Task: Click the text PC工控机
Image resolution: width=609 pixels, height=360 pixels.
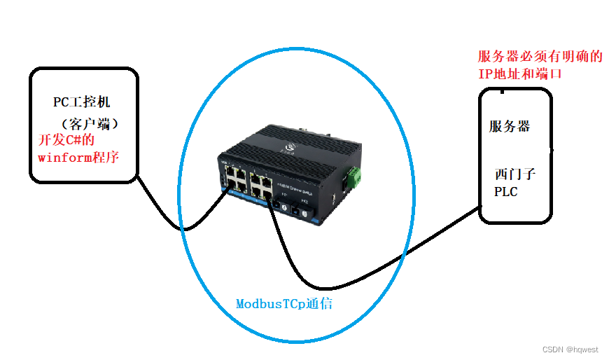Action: (x=81, y=102)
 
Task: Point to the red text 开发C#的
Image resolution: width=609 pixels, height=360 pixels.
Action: (x=65, y=140)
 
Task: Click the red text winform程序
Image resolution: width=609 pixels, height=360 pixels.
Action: (x=78, y=156)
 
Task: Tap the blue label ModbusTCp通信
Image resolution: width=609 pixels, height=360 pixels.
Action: (x=283, y=304)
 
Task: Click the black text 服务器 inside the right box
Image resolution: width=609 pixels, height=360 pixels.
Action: (x=509, y=127)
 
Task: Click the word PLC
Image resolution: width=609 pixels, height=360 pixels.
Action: (x=505, y=191)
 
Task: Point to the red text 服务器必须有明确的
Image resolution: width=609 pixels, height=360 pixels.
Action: (x=540, y=57)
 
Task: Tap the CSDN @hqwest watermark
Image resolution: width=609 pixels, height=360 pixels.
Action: (x=570, y=349)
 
